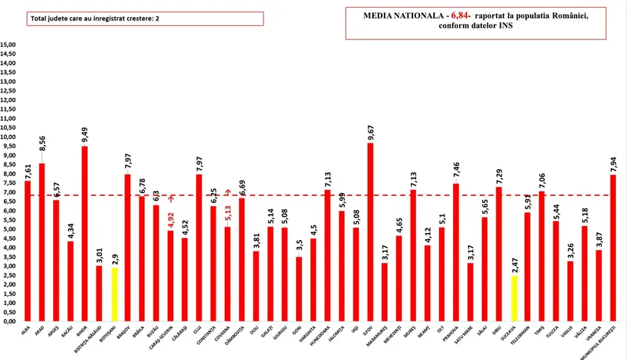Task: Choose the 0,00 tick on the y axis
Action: [x=11, y=322]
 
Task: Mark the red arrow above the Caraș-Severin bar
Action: [x=172, y=199]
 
